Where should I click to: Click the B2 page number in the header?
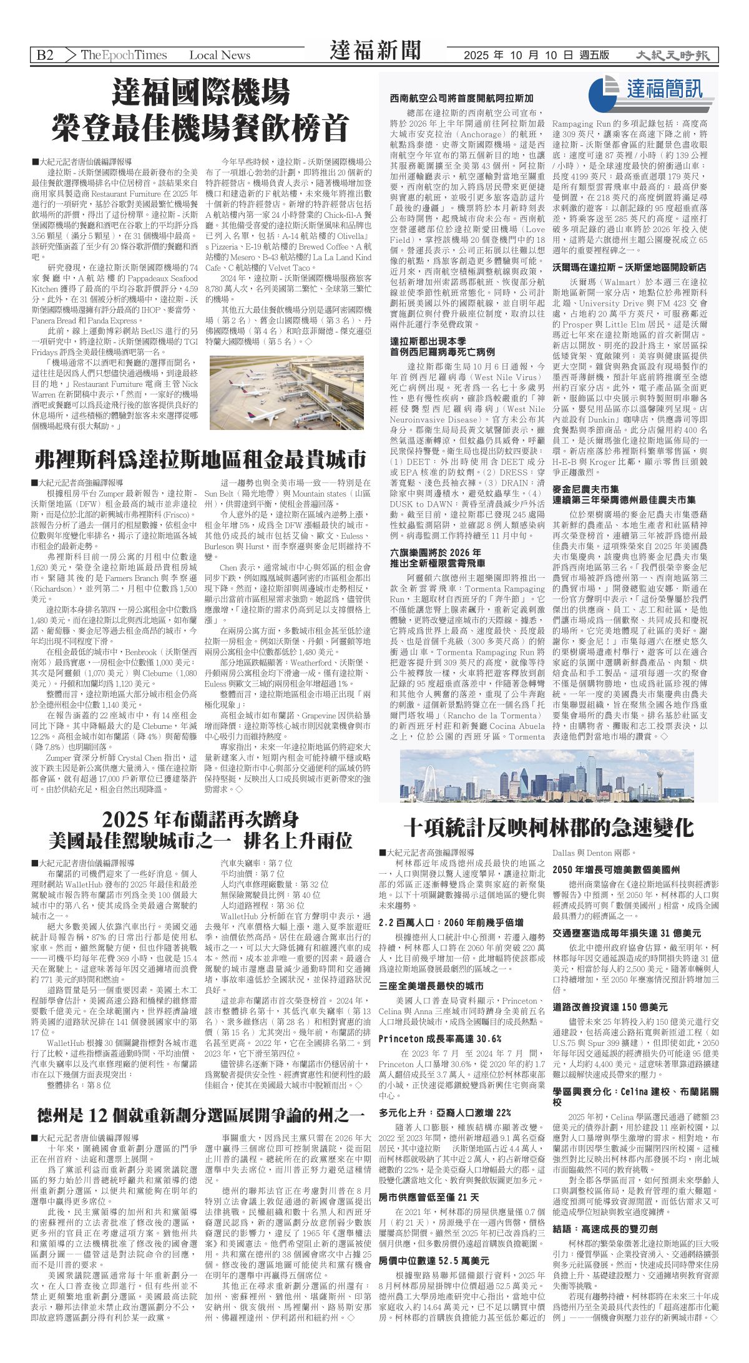tap(45, 55)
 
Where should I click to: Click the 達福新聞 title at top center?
tap(375, 51)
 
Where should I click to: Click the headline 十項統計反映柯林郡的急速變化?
tap(548, 828)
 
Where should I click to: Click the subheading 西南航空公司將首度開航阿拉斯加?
tap(462, 99)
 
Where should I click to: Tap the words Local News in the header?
tap(220, 55)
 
